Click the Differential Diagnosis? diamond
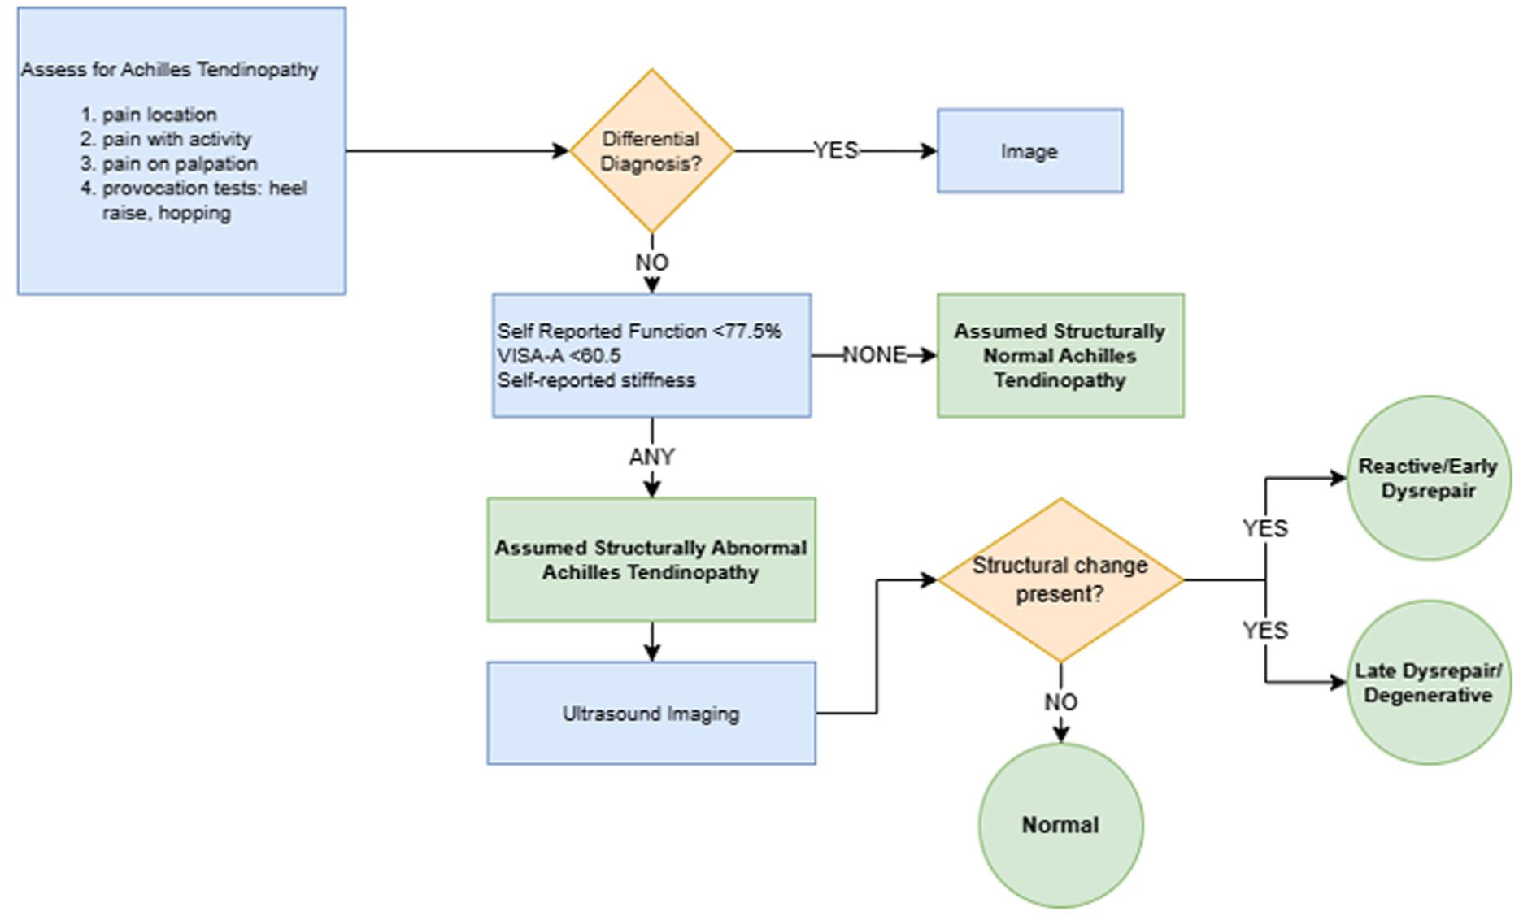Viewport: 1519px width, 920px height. (x=651, y=151)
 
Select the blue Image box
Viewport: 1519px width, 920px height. (x=1029, y=151)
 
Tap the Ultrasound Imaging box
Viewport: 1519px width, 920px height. (x=651, y=713)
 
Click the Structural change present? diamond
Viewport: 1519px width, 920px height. (x=1060, y=580)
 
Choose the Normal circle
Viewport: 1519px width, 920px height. (x=1060, y=825)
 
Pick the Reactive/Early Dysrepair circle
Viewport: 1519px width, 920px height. (x=1429, y=478)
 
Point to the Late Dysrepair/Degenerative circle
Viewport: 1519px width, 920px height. (x=1429, y=683)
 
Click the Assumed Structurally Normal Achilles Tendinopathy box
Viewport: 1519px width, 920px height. (x=1060, y=355)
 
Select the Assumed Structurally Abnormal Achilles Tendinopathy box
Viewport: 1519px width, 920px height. (x=651, y=560)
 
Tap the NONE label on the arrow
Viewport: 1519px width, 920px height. (x=874, y=355)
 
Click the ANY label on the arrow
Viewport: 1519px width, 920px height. (x=651, y=458)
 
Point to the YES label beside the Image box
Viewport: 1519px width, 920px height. (x=836, y=151)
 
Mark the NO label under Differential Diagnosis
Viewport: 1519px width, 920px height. (x=651, y=263)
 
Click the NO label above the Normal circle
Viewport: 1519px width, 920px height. (x=1060, y=702)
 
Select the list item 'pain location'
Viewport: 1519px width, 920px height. (x=148, y=115)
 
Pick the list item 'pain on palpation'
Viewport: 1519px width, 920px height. (x=168, y=163)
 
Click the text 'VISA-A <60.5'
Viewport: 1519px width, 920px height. (x=559, y=356)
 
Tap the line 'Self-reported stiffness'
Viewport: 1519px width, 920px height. (x=596, y=380)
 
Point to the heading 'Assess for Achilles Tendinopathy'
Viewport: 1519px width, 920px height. (x=169, y=70)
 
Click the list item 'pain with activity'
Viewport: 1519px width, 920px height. (x=165, y=139)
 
